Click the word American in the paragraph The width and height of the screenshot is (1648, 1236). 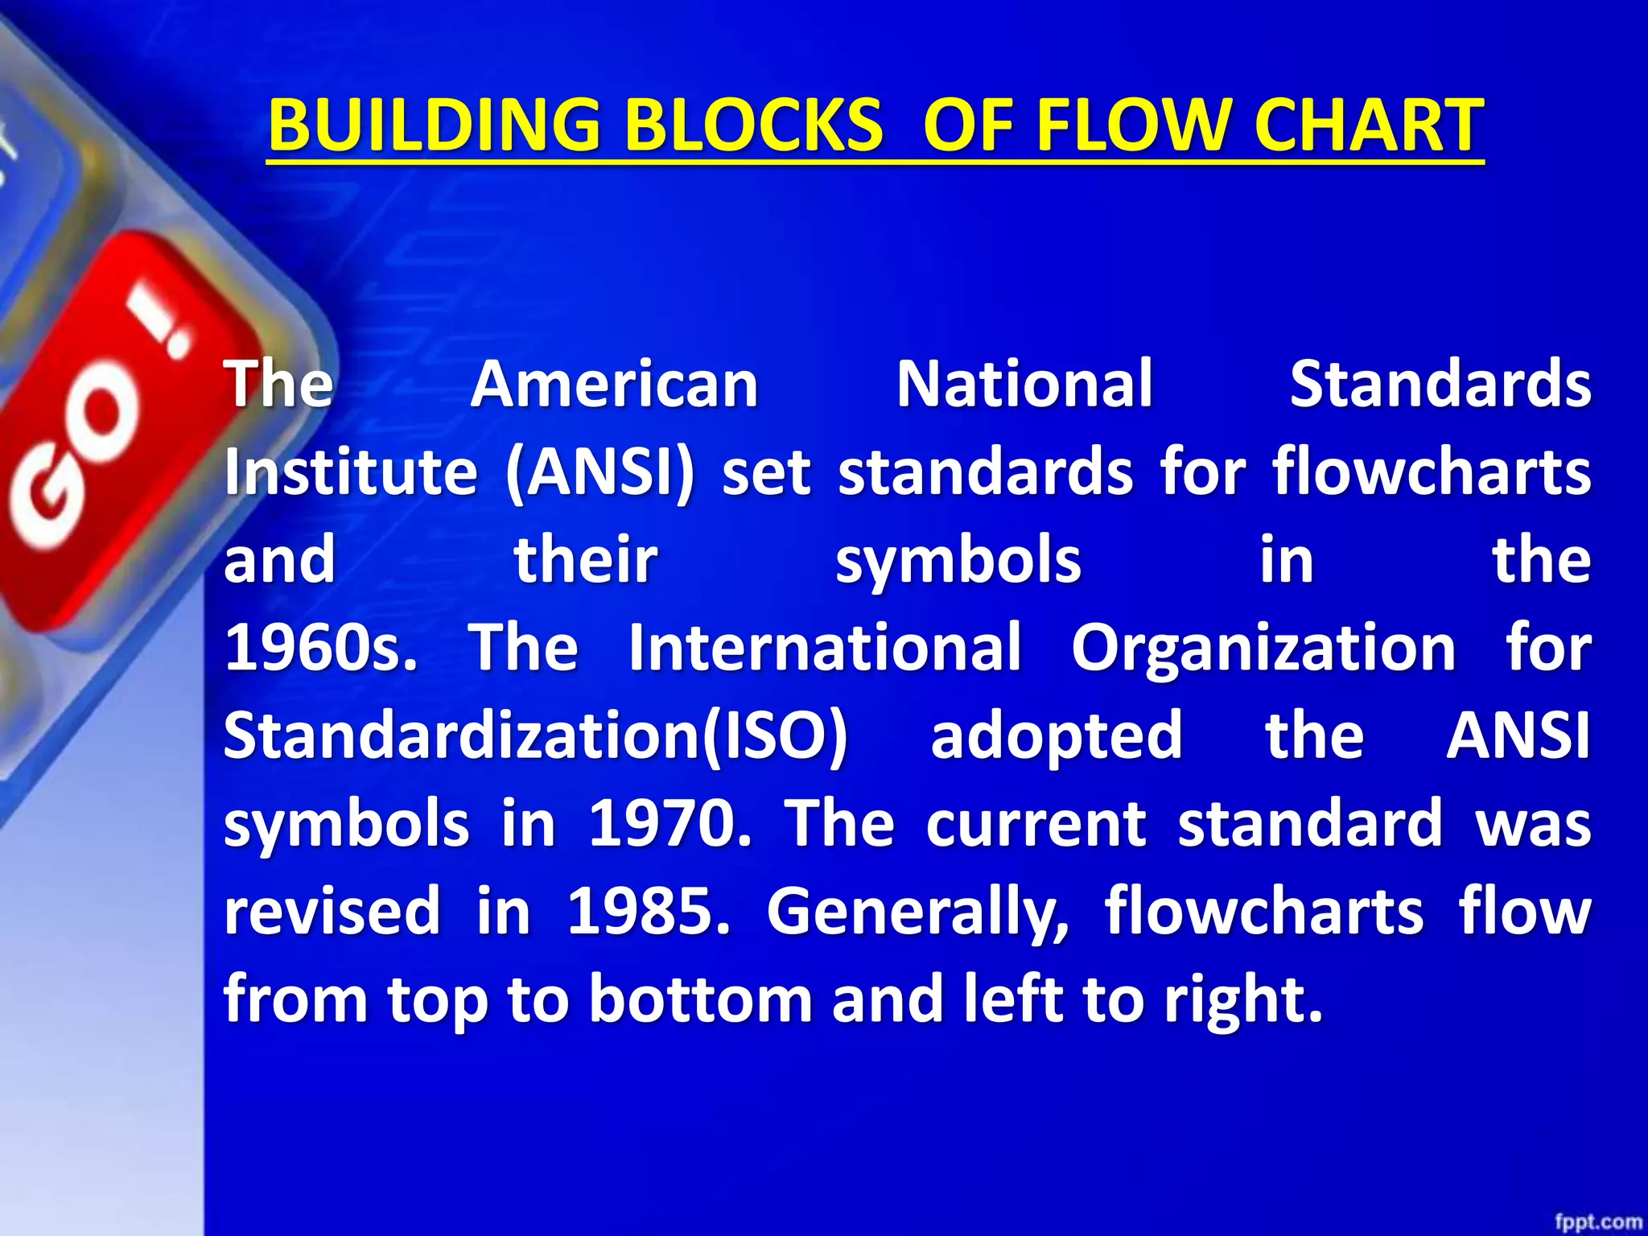(x=615, y=384)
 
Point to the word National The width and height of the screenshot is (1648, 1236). (x=1024, y=384)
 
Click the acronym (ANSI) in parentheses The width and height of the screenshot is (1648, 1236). (x=599, y=472)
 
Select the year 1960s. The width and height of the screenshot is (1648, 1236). (x=320, y=648)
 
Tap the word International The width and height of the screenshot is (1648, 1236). (x=825, y=648)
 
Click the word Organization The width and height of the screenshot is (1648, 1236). (x=1263, y=648)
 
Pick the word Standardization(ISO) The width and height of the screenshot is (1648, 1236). (x=535, y=736)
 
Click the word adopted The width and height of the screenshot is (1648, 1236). (x=1056, y=736)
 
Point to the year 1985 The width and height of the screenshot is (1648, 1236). (x=648, y=912)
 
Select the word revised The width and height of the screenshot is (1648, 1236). (x=332, y=912)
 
